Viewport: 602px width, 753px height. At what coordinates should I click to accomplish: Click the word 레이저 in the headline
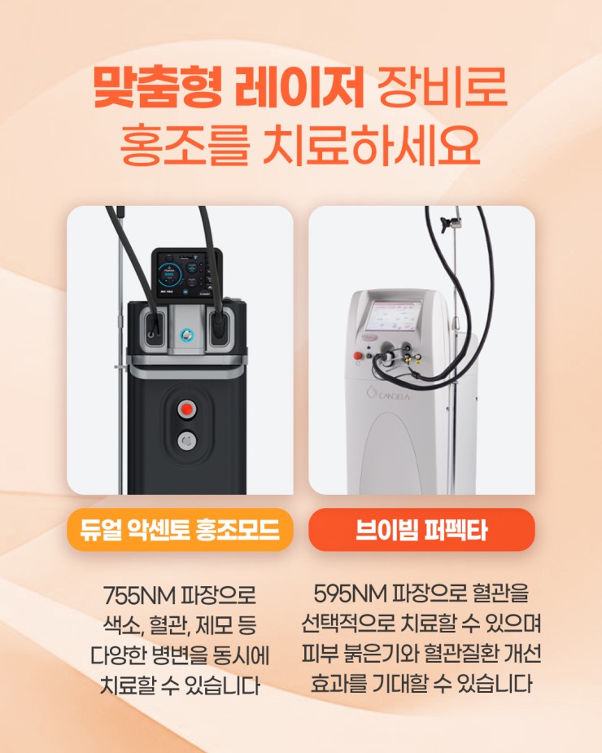coord(299,89)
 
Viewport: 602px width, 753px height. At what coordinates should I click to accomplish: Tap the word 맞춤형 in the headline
coord(158,89)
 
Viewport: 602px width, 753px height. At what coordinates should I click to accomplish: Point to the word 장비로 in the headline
coord(442,89)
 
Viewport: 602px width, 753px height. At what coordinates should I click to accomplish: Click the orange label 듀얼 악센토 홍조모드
coord(180,530)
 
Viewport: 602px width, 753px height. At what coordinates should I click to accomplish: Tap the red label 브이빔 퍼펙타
coord(421,530)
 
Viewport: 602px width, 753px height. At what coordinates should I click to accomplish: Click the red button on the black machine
coord(186,409)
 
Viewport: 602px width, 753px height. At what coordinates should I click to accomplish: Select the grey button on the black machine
coord(186,440)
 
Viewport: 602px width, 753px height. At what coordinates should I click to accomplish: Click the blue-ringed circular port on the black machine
coord(186,335)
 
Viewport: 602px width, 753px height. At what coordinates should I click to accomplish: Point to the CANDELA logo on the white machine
coord(388,394)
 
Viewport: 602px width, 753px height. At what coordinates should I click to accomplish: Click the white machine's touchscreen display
coord(394,317)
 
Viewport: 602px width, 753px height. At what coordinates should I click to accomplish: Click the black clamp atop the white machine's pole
coord(451,223)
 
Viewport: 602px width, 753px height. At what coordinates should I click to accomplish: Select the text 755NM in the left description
coord(140,596)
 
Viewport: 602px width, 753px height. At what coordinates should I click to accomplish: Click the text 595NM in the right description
coord(350,594)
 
